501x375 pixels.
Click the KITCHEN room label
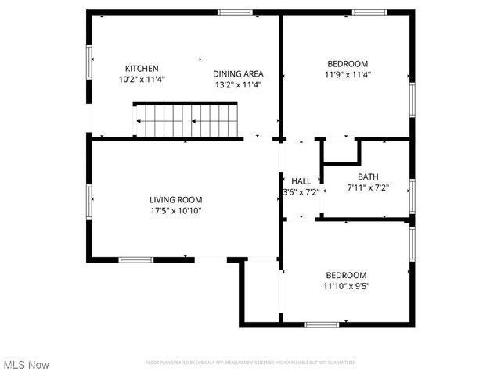(142, 68)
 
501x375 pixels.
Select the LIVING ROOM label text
(170, 199)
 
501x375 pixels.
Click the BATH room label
(368, 177)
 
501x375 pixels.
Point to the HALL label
(301, 180)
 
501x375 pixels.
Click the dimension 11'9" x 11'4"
(347, 75)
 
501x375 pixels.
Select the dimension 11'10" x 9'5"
(346, 286)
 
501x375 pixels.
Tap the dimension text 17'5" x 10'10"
(170, 210)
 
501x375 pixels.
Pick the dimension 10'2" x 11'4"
(142, 79)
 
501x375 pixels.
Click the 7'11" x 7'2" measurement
(368, 187)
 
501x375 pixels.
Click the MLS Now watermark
(27, 365)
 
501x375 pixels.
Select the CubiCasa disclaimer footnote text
(250, 362)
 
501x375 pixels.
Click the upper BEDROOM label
(347, 64)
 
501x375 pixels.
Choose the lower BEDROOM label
(346, 275)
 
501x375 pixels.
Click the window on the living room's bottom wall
(135, 259)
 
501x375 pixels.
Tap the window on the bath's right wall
(411, 195)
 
